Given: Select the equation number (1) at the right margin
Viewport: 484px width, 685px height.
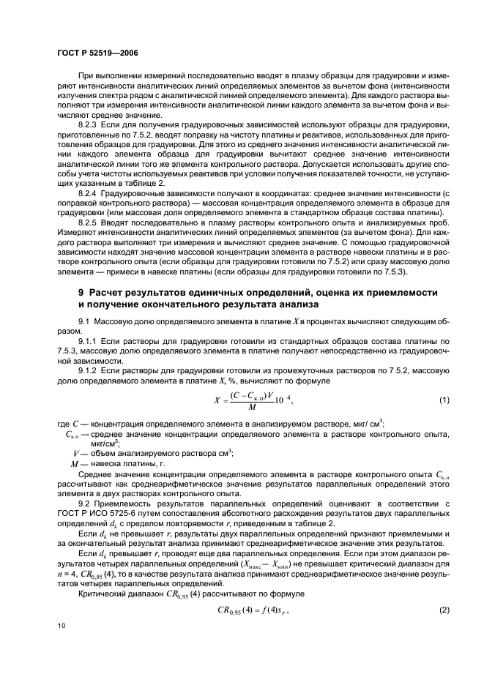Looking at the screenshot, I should point(443,400).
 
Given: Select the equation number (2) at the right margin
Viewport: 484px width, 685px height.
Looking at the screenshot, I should point(443,609).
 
